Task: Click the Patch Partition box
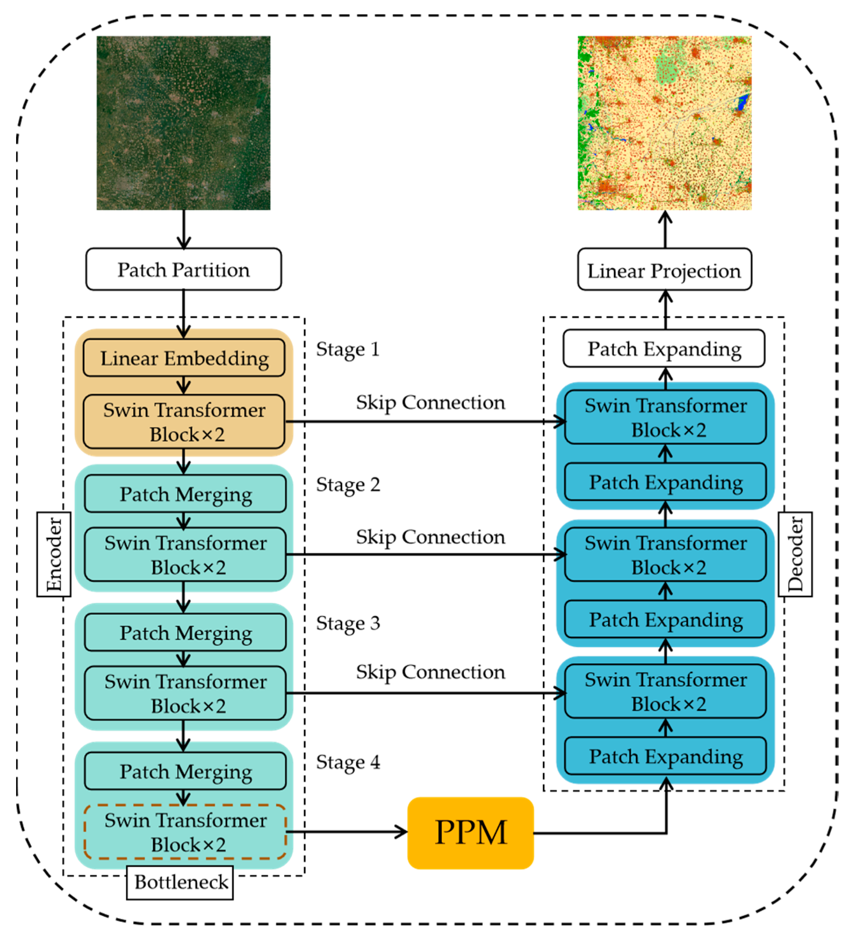(x=184, y=269)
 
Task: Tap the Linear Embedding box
(x=184, y=358)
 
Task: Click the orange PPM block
(x=470, y=833)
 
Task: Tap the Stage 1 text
(x=347, y=349)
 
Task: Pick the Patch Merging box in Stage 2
(x=185, y=494)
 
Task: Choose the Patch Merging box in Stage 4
(x=185, y=771)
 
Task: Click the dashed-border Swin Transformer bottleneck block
(x=185, y=832)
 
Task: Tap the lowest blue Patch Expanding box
(x=665, y=756)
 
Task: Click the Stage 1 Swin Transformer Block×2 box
(x=184, y=421)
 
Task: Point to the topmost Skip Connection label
(x=430, y=402)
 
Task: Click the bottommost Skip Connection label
(x=430, y=672)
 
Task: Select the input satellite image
(x=184, y=123)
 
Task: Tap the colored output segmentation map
(x=664, y=123)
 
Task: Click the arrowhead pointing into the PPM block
(x=401, y=832)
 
